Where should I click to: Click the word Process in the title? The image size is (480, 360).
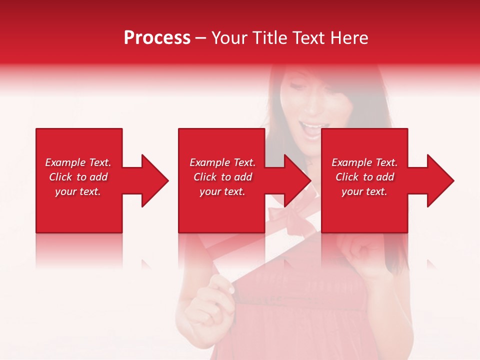pos(157,38)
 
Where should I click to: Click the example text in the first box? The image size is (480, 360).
pos(78,177)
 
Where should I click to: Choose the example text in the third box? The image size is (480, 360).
pos(364,177)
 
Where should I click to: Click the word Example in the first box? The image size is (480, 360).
pos(65,162)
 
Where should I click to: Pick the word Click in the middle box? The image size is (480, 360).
pos(205,177)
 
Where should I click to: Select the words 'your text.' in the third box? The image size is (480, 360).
pos(364,191)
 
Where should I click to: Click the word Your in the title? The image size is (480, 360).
pos(230,38)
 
